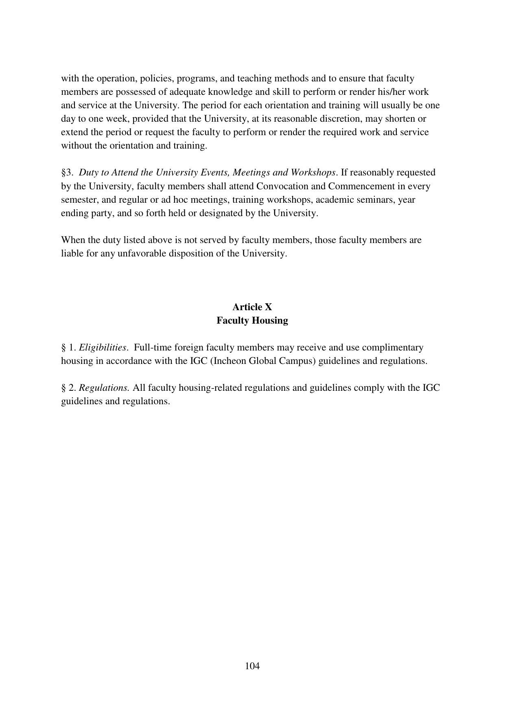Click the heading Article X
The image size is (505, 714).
(252, 307)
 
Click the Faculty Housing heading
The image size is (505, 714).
(252, 320)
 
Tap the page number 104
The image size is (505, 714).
(252, 666)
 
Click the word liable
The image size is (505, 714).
(70, 254)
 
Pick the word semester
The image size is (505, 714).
(79, 200)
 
